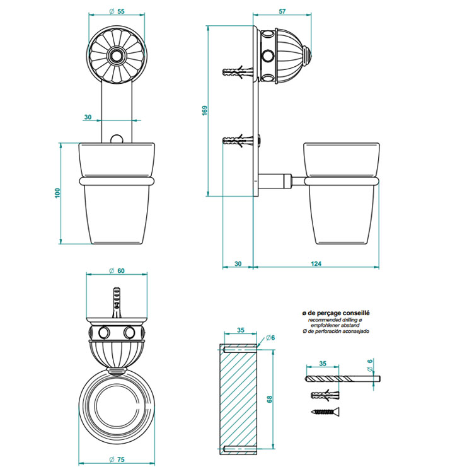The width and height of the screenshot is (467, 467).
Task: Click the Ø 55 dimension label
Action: click(x=117, y=11)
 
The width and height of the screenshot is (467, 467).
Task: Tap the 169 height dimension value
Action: click(x=205, y=110)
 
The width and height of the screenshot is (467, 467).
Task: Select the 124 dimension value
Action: click(x=316, y=263)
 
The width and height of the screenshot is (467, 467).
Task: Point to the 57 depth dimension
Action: click(x=282, y=11)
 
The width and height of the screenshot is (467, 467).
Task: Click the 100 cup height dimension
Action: click(x=57, y=193)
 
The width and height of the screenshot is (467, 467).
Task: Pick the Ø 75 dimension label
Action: click(x=117, y=459)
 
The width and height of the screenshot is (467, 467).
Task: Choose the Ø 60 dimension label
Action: click(x=117, y=271)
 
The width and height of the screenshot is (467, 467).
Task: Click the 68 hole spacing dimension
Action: click(x=270, y=399)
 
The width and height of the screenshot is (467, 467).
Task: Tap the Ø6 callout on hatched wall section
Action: click(x=270, y=337)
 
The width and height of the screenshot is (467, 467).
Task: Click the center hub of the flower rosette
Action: click(x=117, y=55)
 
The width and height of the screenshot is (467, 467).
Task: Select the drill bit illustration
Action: click(x=342, y=379)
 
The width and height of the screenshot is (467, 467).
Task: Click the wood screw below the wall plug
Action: click(x=325, y=412)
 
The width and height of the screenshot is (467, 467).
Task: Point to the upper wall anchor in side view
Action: click(x=238, y=72)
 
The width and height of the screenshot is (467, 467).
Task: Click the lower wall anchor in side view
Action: click(x=238, y=140)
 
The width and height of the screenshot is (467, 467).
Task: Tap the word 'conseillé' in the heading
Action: click(x=356, y=313)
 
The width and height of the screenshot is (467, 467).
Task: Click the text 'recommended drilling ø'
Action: click(x=335, y=320)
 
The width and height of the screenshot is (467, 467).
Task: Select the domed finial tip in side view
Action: click(x=308, y=55)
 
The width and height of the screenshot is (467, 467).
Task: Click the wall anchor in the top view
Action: click(x=117, y=303)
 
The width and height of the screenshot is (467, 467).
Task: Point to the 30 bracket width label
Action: click(x=88, y=117)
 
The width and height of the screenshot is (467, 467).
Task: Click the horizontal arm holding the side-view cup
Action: click(x=282, y=181)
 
